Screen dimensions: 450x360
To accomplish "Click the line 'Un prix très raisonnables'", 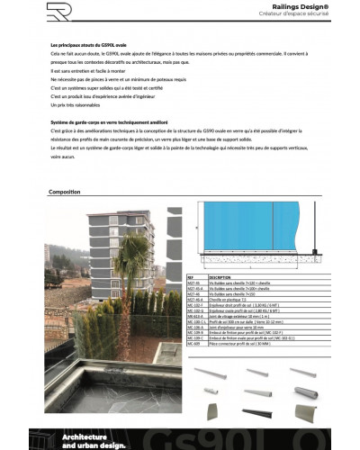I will tap(76, 105).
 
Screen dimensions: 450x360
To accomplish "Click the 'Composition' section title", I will tap(65, 192).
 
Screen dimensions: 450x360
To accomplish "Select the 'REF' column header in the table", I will tap(191, 278).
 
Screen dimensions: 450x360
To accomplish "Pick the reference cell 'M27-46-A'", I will tap(193, 299).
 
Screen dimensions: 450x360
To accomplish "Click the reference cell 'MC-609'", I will tap(192, 346).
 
